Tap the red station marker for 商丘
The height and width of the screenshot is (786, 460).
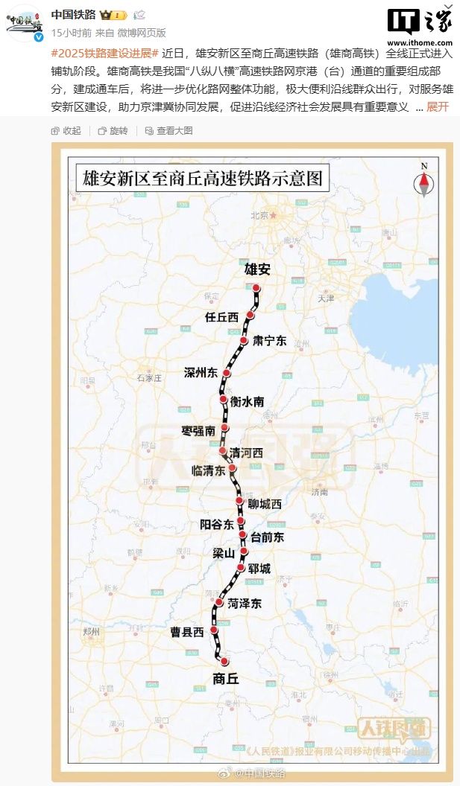tap(224, 661)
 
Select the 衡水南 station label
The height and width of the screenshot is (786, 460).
tap(247, 402)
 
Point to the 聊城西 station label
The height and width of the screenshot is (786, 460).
tap(265, 504)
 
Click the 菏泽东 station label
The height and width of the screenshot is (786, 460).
tap(245, 604)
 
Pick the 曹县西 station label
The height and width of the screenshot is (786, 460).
tap(186, 632)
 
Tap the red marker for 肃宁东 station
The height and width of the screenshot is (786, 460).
tap(244, 340)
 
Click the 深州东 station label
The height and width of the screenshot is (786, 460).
tap(201, 372)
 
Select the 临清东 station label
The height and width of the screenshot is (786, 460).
tap(208, 470)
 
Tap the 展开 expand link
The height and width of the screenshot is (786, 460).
tap(438, 106)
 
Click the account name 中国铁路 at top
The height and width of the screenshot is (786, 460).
tap(73, 15)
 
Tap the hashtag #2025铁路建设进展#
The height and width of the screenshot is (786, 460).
tap(104, 54)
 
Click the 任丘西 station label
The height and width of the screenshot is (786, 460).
tap(221, 317)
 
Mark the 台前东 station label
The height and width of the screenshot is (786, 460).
tap(268, 536)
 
